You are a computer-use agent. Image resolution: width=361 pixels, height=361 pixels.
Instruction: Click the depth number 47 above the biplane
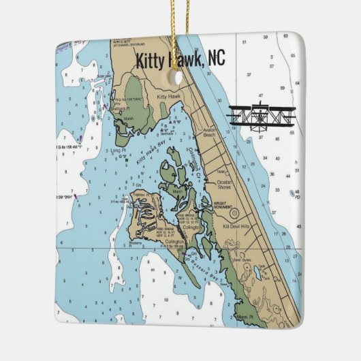(x=261, y=96)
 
